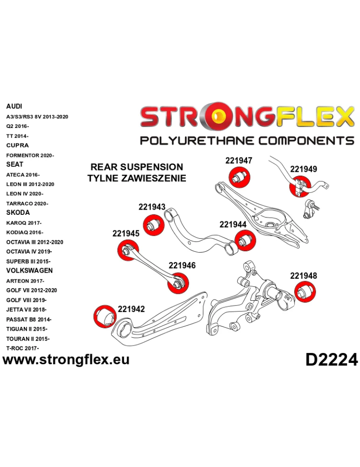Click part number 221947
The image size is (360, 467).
tap(239, 160)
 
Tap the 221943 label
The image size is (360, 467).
tap(152, 207)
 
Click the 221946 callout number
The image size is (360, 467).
tap(182, 265)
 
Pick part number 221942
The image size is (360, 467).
tap(131, 309)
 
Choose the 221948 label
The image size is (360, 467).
tap(304, 276)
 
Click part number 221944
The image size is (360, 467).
tap(233, 224)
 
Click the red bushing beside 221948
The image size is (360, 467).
tap(306, 294)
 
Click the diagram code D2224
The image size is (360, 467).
tap(332, 360)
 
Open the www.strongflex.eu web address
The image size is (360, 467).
tap(66, 359)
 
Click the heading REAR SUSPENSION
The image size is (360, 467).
tap(136, 167)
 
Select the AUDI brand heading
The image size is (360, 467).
tap(14, 106)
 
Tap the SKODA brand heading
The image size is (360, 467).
tap(18, 212)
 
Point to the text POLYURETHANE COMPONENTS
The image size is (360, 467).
tap(247, 141)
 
